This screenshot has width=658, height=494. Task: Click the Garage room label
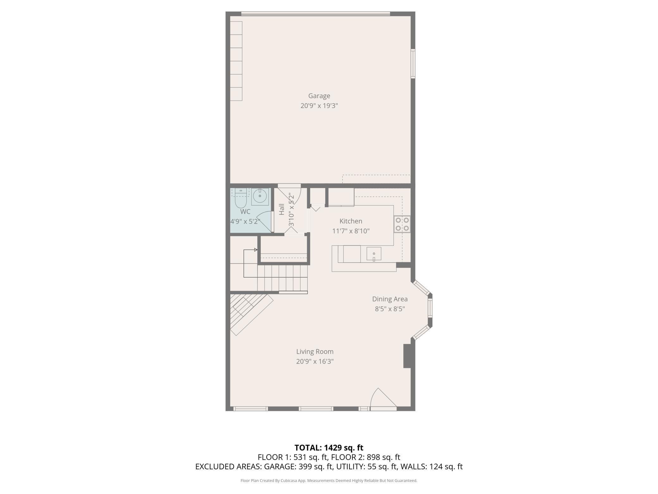pyautogui.click(x=319, y=96)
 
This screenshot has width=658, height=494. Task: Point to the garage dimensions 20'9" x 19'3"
pyautogui.click(x=319, y=106)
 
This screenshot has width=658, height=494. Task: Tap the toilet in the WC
pyautogui.click(x=241, y=198)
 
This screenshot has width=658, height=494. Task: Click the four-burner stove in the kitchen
pyautogui.click(x=402, y=224)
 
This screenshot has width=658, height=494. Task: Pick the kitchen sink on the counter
pyautogui.click(x=374, y=254)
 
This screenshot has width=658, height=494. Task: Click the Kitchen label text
pyautogui.click(x=351, y=221)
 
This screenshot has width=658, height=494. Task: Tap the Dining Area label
pyautogui.click(x=389, y=299)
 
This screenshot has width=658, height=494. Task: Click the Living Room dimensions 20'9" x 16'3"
pyautogui.click(x=315, y=361)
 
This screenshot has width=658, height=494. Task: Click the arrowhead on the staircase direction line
pyautogui.click(x=256, y=250)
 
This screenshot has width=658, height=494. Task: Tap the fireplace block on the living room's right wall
pyautogui.click(x=408, y=356)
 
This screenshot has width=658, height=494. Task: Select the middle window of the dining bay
pyautogui.click(x=430, y=308)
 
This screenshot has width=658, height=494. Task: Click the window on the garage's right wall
pyautogui.click(x=413, y=63)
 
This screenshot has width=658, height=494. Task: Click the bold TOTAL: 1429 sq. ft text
pyautogui.click(x=329, y=448)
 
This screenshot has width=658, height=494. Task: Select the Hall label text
pyautogui.click(x=282, y=210)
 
